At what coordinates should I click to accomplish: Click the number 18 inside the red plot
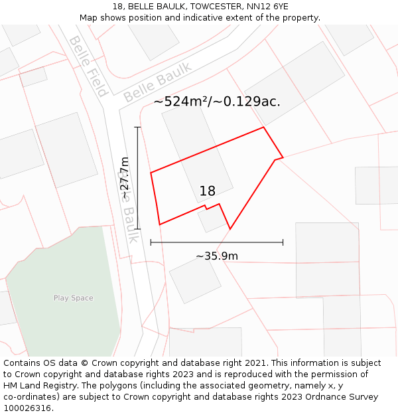[208, 191]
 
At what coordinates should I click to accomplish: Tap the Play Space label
[73, 298]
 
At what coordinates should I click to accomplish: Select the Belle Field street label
[88, 66]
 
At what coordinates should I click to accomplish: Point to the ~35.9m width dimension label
[217, 256]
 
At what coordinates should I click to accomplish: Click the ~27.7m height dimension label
[125, 177]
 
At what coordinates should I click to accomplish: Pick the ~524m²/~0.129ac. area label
[217, 102]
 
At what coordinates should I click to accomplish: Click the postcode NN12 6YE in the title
[269, 7]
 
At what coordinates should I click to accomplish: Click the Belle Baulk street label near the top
[158, 82]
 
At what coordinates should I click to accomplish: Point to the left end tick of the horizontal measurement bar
[151, 242]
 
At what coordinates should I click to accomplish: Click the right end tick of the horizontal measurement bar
[283, 242]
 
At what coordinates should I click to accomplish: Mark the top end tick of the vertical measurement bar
[137, 127]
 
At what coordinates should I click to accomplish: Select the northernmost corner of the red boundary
[264, 127]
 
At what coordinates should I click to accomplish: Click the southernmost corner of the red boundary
[230, 229]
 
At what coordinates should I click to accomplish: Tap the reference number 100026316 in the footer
[28, 408]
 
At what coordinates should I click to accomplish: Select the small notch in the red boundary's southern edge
[206, 208]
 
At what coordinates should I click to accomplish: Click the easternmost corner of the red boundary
[283, 157]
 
